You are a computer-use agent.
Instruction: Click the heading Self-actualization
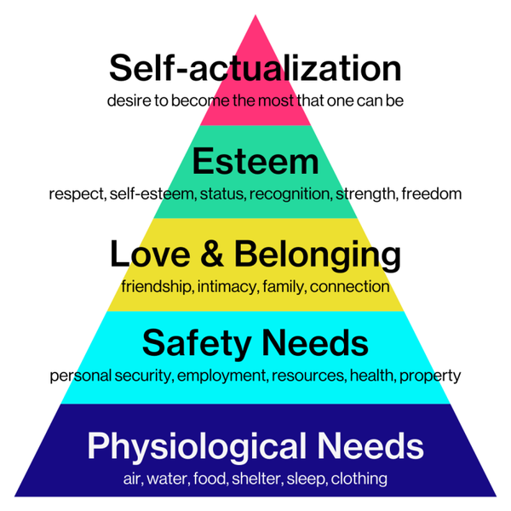[x=255, y=68]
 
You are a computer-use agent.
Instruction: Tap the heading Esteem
[x=255, y=161]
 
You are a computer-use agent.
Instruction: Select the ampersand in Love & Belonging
[x=212, y=254]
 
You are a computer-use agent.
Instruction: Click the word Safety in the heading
[x=197, y=344]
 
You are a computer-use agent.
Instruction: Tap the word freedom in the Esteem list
[x=432, y=193]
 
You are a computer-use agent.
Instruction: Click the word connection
[x=350, y=287]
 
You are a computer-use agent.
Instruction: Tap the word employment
[x=222, y=376]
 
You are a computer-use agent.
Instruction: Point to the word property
[x=430, y=376]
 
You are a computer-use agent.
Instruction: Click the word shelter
[x=257, y=479]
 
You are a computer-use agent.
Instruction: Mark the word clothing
[x=359, y=479]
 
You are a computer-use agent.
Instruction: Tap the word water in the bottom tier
[x=168, y=479]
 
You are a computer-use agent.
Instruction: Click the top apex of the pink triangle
[x=255, y=14]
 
